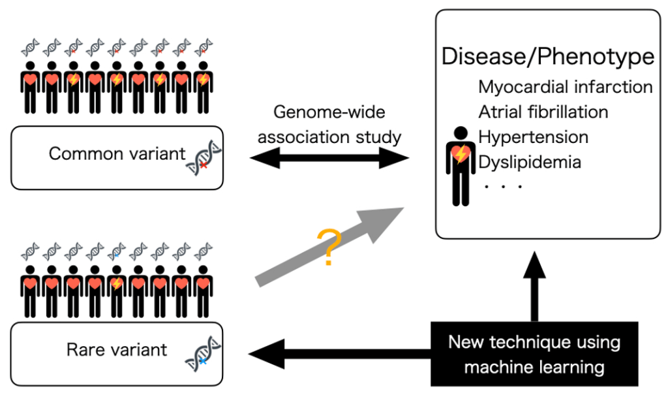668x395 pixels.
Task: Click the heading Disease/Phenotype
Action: point(547,57)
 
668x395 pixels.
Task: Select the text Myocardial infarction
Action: point(565,87)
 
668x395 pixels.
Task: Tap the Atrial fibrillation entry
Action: point(543,112)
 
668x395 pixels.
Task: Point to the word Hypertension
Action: point(533,137)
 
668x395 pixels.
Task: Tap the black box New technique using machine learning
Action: point(534,354)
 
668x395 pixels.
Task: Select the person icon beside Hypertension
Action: point(461,166)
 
